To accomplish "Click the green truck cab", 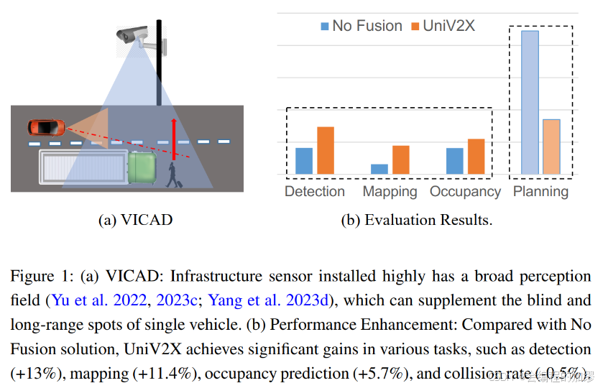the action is (142, 166).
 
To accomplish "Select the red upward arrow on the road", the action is (172, 139).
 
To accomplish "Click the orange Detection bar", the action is (326, 150).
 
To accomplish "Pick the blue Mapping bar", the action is (379, 169).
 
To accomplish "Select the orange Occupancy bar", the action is (476, 156).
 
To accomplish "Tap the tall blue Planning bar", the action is (530, 102).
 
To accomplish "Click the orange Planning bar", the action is (551, 147).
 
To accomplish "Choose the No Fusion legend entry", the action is (361, 26).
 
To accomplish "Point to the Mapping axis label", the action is (390, 192).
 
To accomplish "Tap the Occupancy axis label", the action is (465, 192).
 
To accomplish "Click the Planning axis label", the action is (540, 192).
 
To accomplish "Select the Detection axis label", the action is (315, 192).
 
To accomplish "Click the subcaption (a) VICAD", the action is (135, 220).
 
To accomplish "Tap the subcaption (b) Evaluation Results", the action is (416, 220).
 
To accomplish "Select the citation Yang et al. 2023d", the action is (273, 300).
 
